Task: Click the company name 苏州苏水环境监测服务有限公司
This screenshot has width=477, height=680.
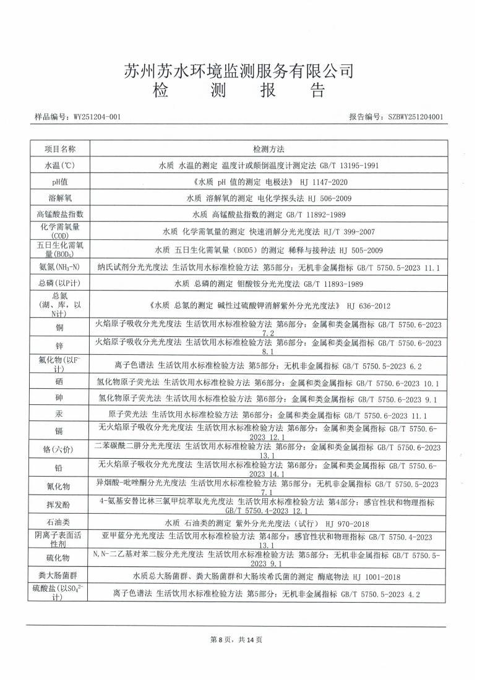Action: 238,71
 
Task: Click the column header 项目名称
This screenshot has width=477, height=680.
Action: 59,149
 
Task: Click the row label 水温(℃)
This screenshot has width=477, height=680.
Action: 59,166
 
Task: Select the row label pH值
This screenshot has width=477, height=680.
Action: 59,182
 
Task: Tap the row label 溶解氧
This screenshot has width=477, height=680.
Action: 59,198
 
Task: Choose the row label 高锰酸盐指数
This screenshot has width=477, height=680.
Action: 59,215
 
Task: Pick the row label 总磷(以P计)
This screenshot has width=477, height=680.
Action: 59,283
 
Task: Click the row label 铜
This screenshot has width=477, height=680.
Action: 59,326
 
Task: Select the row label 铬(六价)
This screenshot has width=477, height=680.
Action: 59,449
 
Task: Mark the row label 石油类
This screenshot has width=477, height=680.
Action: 59,523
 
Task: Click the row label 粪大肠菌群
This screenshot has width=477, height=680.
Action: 59,576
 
